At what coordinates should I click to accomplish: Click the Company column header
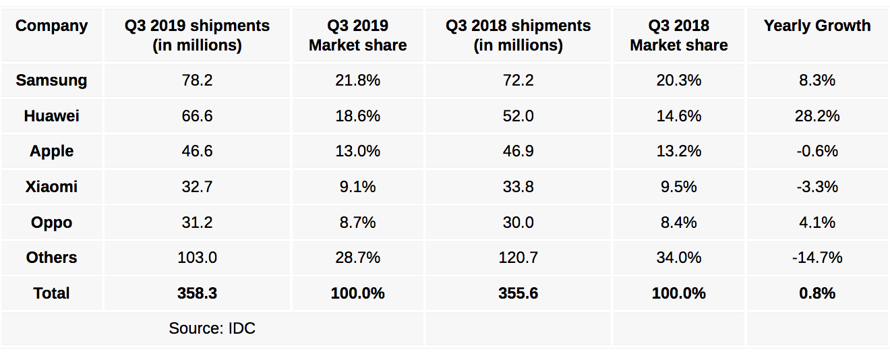(x=52, y=26)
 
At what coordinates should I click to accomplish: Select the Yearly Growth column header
(x=817, y=26)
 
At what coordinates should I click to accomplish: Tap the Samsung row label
(x=52, y=81)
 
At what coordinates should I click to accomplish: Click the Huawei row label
(x=52, y=116)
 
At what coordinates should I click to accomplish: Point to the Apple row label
(x=52, y=152)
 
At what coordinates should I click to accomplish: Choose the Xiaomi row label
(x=52, y=187)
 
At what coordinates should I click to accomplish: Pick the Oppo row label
(x=52, y=222)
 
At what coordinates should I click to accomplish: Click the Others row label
(x=52, y=258)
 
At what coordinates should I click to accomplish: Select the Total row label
(x=52, y=293)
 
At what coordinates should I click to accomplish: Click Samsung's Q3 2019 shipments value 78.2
(x=197, y=81)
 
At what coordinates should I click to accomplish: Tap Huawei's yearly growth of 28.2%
(x=817, y=116)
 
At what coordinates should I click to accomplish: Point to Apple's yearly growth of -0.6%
(x=817, y=152)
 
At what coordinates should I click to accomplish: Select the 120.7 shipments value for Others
(x=518, y=258)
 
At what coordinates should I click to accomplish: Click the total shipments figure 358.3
(x=197, y=293)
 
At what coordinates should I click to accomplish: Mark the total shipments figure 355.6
(x=518, y=293)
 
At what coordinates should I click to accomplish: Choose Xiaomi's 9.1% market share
(x=357, y=187)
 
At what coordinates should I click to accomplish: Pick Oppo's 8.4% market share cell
(x=678, y=222)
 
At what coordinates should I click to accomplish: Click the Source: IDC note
(x=212, y=329)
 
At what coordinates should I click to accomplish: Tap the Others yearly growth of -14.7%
(x=817, y=258)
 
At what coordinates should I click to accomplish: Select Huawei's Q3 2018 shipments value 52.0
(x=518, y=116)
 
